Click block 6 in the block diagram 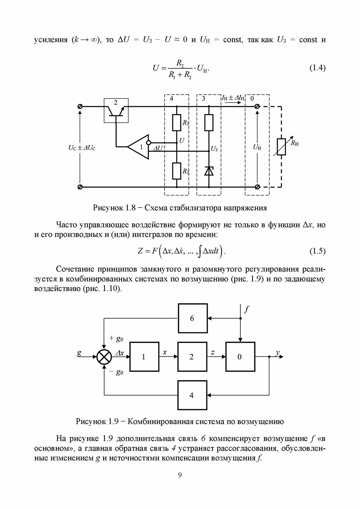(192, 318)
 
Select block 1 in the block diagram (144, 356)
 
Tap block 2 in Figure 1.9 (192, 356)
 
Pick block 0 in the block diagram (240, 356)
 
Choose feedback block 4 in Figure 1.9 (192, 395)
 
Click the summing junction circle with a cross (104, 357)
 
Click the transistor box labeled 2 (116, 110)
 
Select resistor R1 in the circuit (177, 123)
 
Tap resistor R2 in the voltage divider (177, 171)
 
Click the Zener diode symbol (209, 171)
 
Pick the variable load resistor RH (281, 147)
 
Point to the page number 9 (180, 475)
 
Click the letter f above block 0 (247, 310)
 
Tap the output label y (278, 353)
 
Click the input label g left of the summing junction (79, 353)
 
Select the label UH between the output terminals (257, 147)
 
